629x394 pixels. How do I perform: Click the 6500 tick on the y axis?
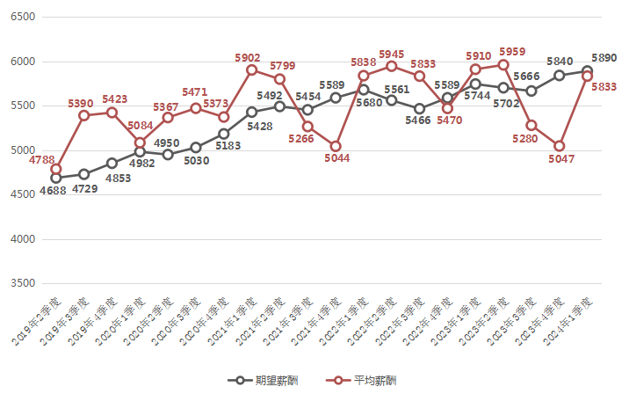(22, 17)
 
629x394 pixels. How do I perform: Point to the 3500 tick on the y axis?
(22, 284)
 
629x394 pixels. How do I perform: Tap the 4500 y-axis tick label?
(22, 195)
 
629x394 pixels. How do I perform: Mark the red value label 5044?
(336, 158)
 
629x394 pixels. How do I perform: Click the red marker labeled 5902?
(251, 69)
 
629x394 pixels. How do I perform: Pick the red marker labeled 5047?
(559, 146)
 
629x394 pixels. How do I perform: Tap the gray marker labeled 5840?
(559, 76)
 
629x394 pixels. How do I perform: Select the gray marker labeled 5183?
(224, 134)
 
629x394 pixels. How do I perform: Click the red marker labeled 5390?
(83, 115)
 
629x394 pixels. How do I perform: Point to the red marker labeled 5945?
(391, 66)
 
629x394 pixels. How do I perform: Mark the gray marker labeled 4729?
(83, 174)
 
